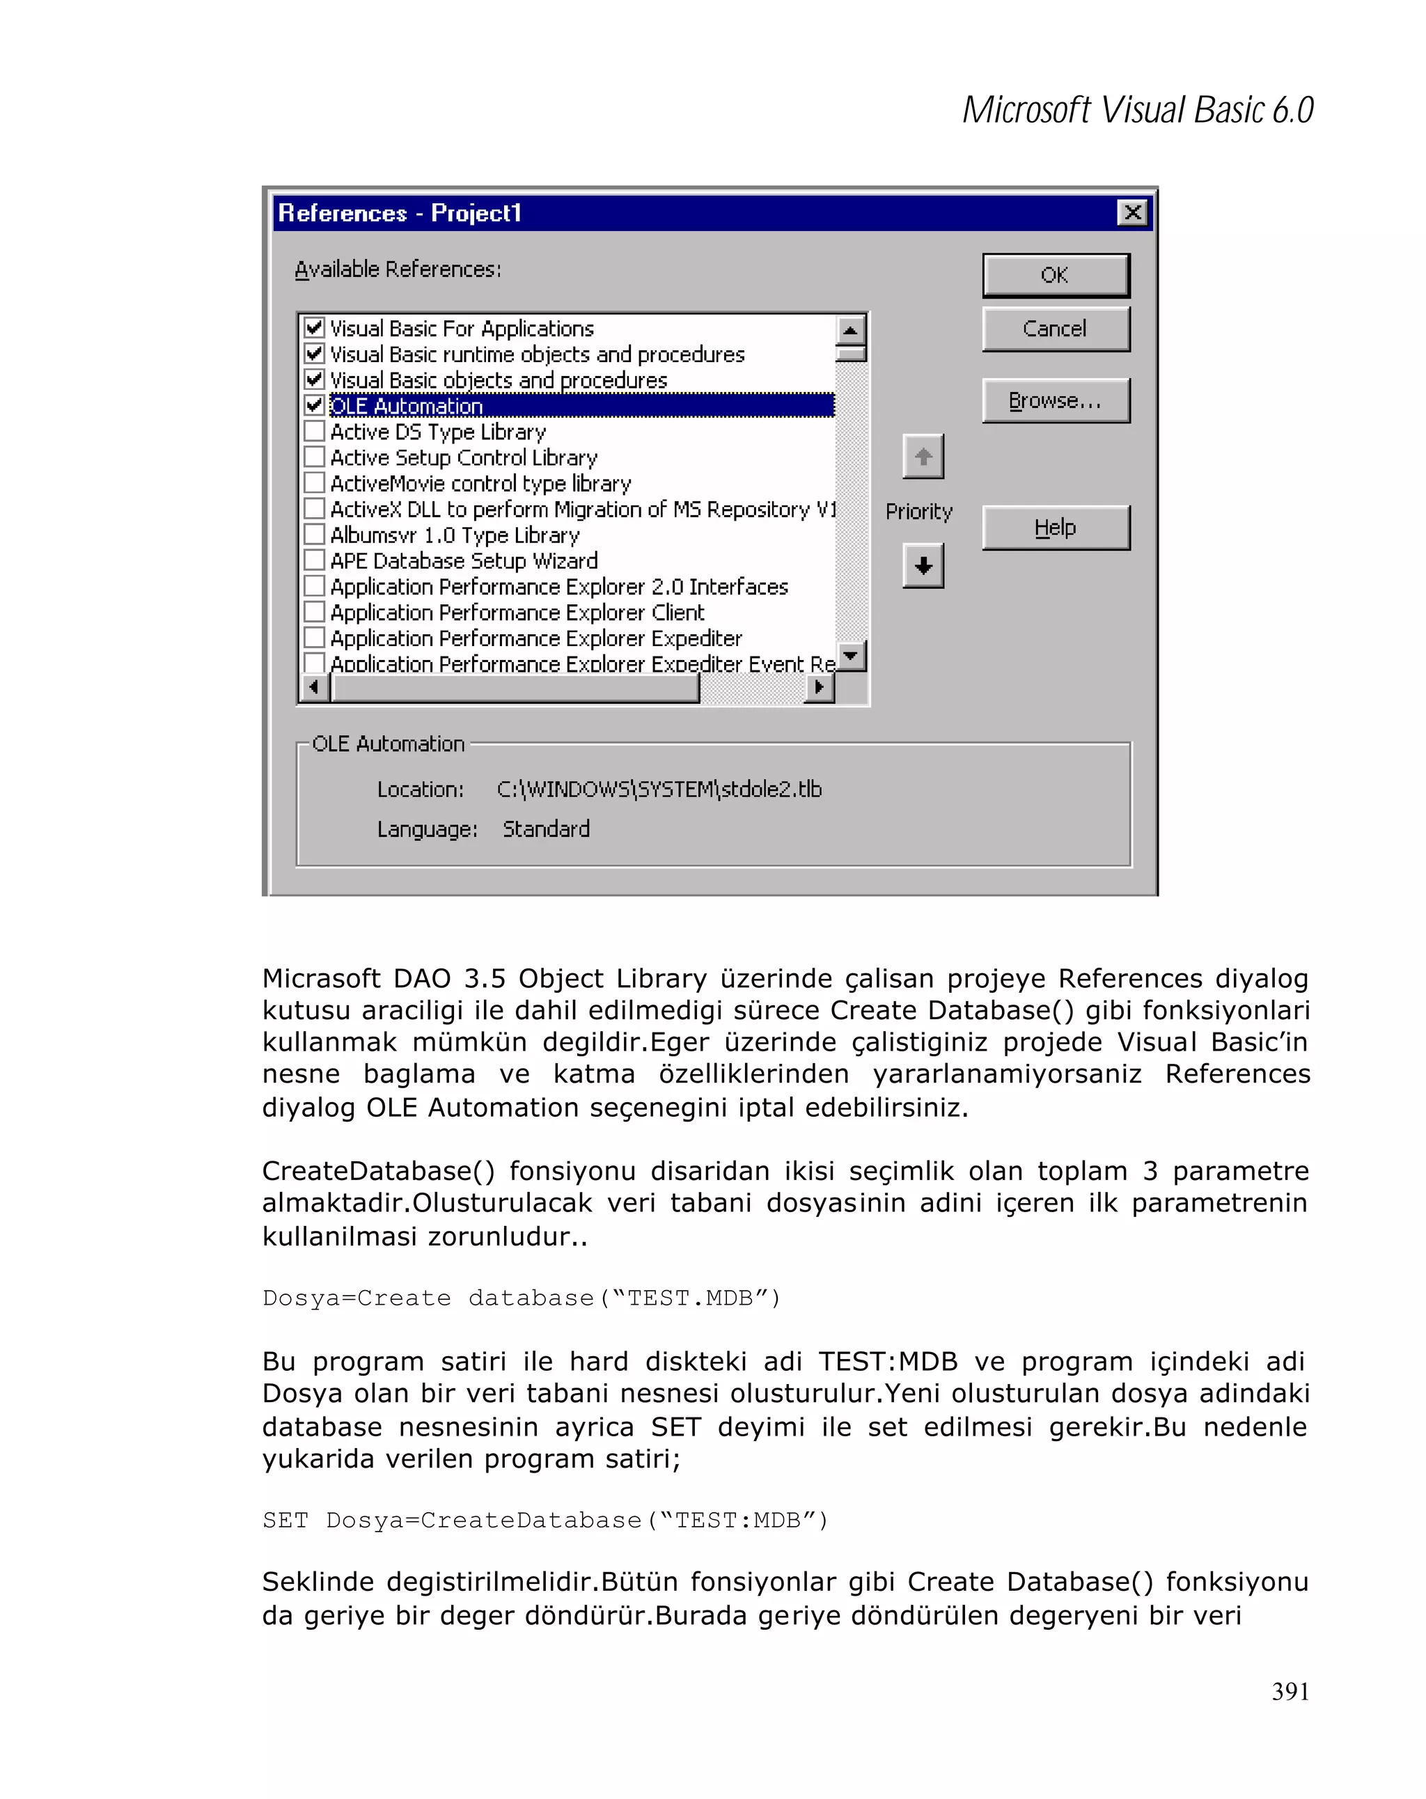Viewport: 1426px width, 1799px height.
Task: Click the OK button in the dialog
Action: (x=1055, y=276)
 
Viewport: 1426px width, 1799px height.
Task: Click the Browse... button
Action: (x=1055, y=401)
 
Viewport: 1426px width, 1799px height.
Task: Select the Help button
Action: (x=1055, y=527)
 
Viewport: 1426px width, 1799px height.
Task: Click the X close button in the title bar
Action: (x=1131, y=213)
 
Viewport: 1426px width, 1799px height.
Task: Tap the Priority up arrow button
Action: (x=922, y=457)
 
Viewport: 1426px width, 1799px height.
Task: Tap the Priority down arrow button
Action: (x=922, y=566)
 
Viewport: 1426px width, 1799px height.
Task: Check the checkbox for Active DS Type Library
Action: (x=315, y=432)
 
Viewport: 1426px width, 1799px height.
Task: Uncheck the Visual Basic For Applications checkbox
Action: (x=315, y=327)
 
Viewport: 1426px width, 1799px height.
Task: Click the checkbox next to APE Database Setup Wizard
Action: (x=315, y=560)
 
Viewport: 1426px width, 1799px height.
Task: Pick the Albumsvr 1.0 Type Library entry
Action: (x=454, y=535)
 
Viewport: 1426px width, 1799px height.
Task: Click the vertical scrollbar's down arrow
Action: (x=850, y=656)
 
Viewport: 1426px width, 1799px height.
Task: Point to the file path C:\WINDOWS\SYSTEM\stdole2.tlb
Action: (x=659, y=789)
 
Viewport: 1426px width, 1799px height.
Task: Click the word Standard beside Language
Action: (x=546, y=829)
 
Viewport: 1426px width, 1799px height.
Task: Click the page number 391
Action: (x=1289, y=1691)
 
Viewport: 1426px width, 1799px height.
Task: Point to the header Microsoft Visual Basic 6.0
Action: (x=1137, y=110)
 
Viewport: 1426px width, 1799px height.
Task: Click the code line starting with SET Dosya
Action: (x=545, y=1521)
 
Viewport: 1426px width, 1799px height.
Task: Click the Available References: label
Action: (x=397, y=269)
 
